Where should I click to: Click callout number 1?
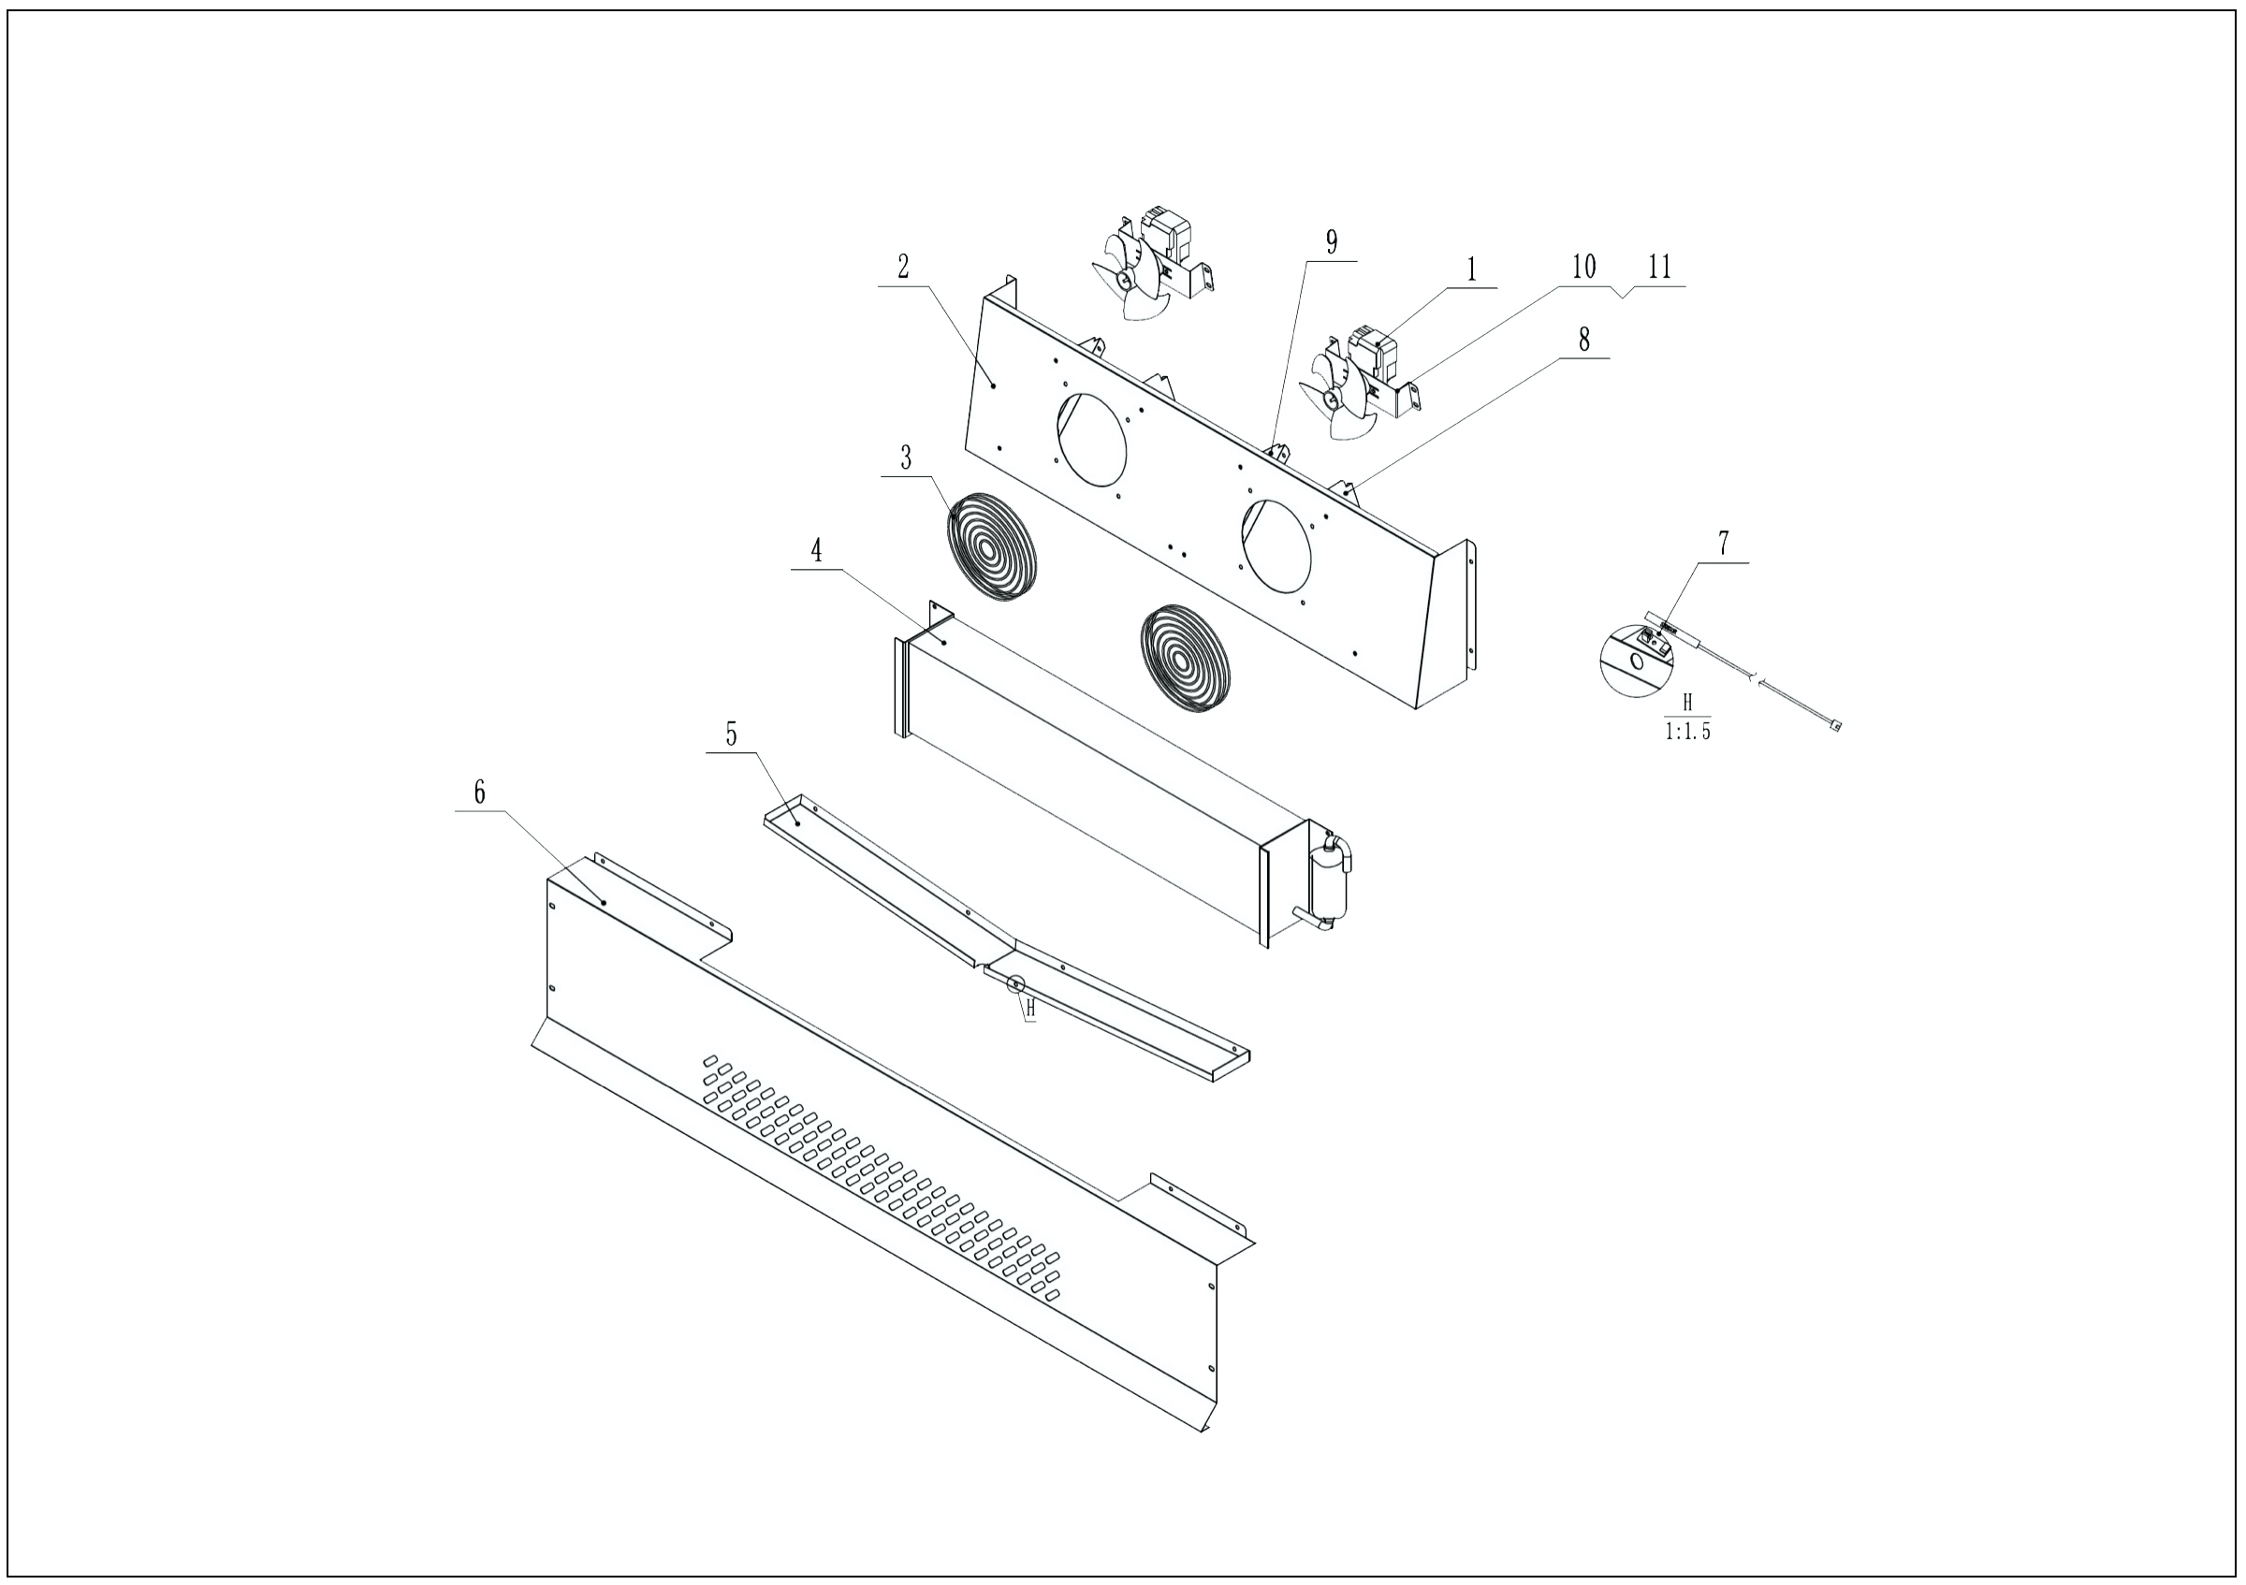tap(1471, 269)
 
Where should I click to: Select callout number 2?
tap(903, 267)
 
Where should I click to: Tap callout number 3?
tap(906, 458)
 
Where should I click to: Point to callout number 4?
tap(816, 551)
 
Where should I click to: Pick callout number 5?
tap(731, 734)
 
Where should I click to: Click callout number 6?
tap(479, 792)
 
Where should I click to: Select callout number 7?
tap(1723, 544)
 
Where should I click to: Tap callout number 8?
tap(1583, 340)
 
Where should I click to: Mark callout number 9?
tap(1332, 242)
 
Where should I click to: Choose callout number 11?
tap(1660, 267)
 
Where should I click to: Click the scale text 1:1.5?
tap(1687, 732)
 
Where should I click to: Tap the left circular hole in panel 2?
tap(1091, 439)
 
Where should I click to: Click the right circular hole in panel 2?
tap(1276, 545)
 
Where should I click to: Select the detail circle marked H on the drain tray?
tap(1015, 983)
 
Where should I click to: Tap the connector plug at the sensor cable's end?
tap(1835, 725)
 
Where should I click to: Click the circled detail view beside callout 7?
tap(1636, 660)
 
